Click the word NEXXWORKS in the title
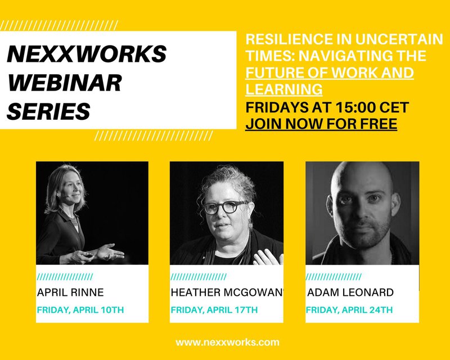87,53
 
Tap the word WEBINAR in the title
65,82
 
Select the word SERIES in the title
48,111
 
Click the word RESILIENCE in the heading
289,39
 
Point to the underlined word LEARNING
284,89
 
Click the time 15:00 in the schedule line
355,107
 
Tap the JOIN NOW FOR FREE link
321,124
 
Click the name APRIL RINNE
70,292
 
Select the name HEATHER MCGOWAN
226,292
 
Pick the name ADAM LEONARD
350,292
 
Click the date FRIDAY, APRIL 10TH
80,310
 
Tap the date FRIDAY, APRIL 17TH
214,310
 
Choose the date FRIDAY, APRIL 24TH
349,310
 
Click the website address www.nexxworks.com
227,343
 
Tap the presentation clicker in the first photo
88,255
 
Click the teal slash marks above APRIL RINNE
65,277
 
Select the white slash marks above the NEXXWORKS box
59,25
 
